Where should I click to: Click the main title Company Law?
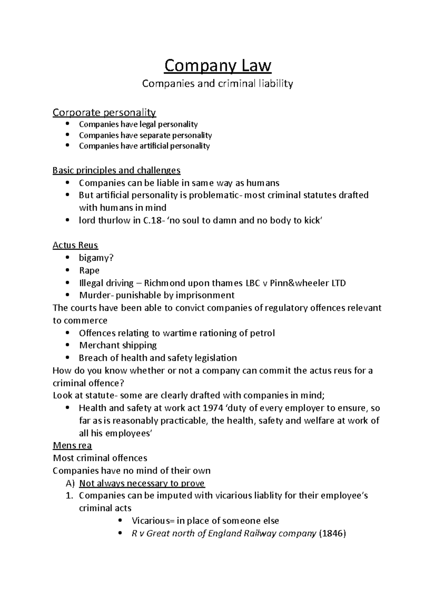[217, 66]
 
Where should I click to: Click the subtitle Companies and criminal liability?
[217, 84]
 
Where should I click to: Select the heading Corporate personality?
[104, 113]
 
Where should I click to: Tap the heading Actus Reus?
[75, 245]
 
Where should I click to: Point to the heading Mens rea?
[72, 445]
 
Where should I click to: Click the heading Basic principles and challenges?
[116, 170]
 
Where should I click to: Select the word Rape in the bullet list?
[89, 271]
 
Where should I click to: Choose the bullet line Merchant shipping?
[118, 345]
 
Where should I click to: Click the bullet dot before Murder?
[67, 295]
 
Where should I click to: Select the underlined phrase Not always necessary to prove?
[142, 483]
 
